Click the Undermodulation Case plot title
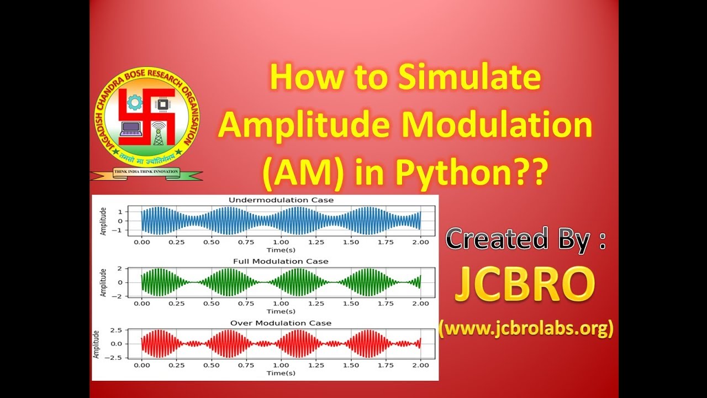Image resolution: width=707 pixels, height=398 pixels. point(281,200)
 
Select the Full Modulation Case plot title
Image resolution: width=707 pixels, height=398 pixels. point(281,261)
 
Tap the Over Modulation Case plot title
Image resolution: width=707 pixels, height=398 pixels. point(281,323)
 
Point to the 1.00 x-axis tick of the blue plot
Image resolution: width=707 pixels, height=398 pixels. point(281,242)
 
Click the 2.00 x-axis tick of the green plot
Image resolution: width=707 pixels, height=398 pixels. point(420,303)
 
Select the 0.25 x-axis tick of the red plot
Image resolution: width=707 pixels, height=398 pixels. point(177,365)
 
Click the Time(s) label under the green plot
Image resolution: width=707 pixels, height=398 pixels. point(281,311)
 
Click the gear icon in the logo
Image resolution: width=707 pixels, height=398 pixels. point(134,102)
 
